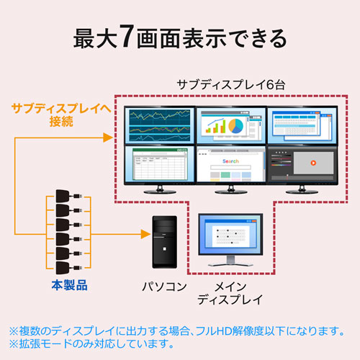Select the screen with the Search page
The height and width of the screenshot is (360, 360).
230,163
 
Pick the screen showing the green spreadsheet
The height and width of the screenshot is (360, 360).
158,163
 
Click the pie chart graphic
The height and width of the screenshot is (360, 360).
236,125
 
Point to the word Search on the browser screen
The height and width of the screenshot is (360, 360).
230,161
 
